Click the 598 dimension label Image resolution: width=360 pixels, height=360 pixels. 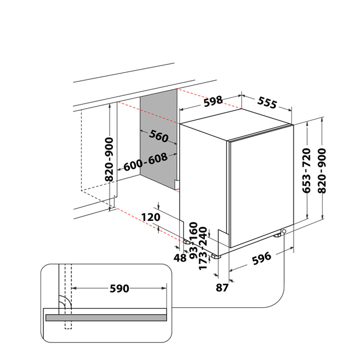[x=213, y=101]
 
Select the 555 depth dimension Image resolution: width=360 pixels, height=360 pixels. [x=267, y=103]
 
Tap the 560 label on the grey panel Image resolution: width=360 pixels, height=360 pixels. [x=159, y=136]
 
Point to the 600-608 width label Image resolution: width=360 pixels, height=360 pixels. [x=146, y=162]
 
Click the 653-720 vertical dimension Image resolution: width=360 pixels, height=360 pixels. [x=306, y=171]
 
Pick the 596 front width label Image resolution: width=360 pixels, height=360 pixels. [x=261, y=258]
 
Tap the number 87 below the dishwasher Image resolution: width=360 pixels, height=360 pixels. [x=222, y=288]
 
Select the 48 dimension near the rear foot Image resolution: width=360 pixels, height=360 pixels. [x=180, y=258]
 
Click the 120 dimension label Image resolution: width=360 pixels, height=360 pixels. [x=151, y=217]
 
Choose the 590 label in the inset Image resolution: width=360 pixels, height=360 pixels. [x=119, y=288]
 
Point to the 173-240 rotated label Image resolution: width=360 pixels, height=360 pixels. [x=203, y=248]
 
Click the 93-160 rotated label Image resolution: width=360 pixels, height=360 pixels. [x=193, y=241]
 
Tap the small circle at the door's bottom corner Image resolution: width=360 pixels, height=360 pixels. [x=284, y=231]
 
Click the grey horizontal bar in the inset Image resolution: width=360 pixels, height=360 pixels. [x=106, y=318]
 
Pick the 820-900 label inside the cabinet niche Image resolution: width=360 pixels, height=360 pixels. [x=109, y=159]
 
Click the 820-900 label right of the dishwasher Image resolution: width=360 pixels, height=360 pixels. [x=322, y=171]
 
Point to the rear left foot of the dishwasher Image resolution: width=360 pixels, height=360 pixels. [x=187, y=241]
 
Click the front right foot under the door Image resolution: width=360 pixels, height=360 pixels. [x=277, y=235]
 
